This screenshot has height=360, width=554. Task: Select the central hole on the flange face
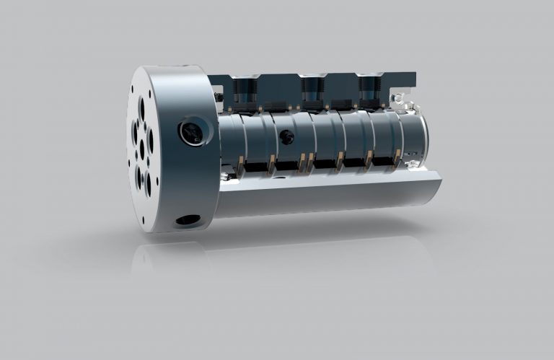(141, 149)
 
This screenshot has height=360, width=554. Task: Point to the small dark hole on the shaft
(287, 135)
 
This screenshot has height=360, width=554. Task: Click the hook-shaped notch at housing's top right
(395, 95)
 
